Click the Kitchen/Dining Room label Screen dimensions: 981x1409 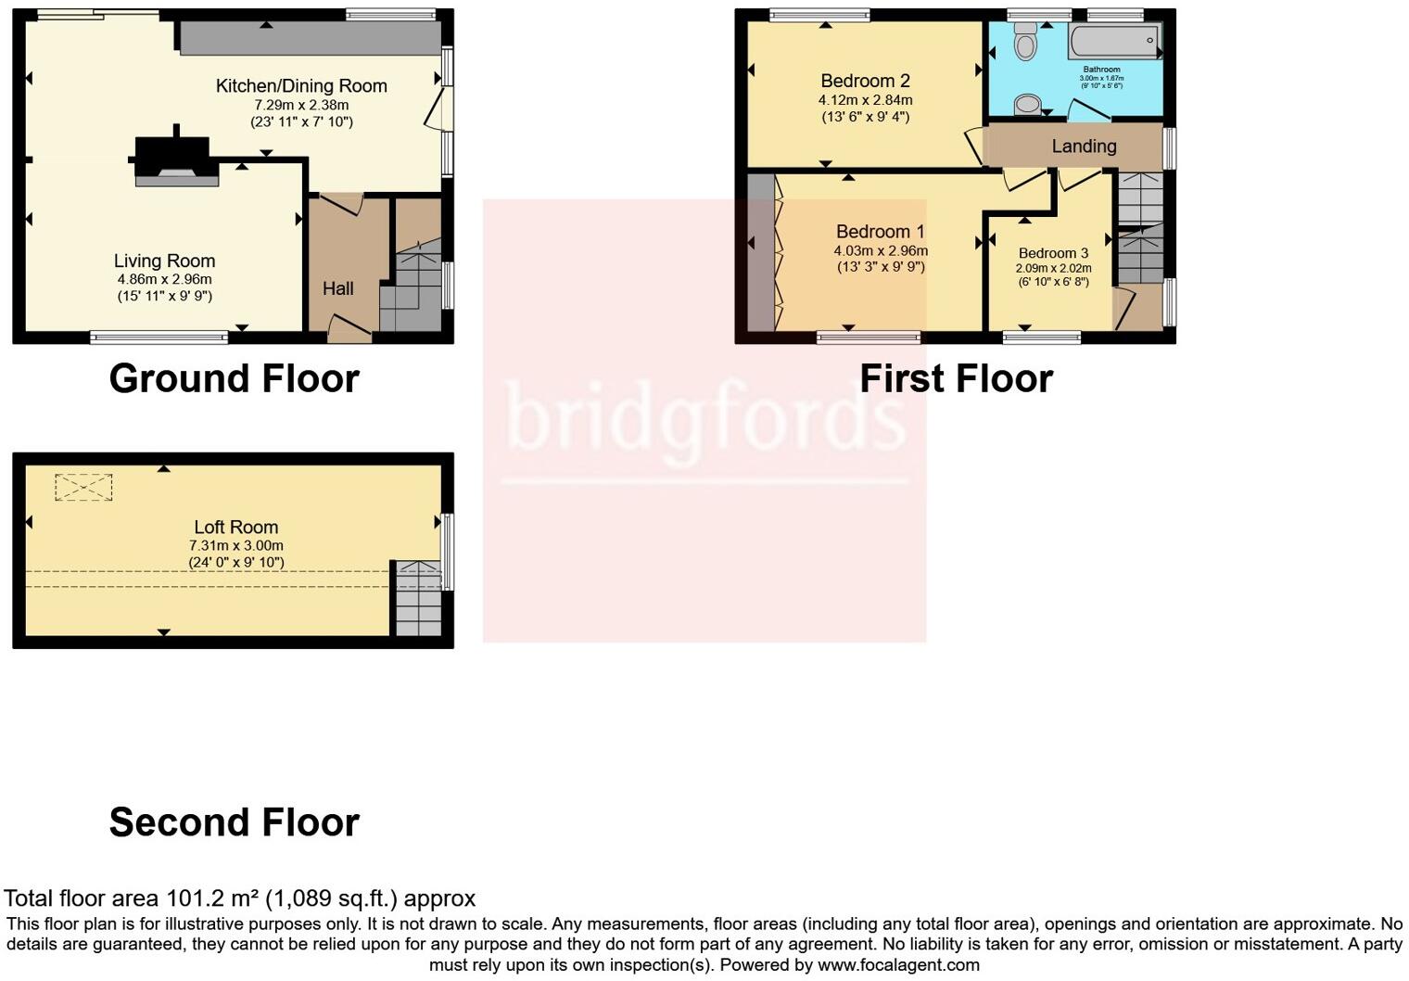[301, 86]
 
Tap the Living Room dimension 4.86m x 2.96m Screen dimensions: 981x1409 [164, 279]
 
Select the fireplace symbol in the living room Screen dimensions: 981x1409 [173, 159]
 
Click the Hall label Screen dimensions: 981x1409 [337, 288]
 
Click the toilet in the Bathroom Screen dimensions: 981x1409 [1025, 42]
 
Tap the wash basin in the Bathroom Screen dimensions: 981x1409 [1027, 105]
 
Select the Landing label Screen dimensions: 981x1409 [1084, 147]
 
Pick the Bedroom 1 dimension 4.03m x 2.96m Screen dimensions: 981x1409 [881, 250]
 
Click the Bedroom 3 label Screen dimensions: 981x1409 [1053, 253]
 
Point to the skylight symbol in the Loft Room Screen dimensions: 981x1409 [83, 488]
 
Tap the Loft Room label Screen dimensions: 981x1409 [235, 528]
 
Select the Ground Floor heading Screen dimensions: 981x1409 [234, 378]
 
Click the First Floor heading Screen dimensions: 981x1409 [956, 378]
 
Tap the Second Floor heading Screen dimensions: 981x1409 [234, 822]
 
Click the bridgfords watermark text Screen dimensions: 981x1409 [704, 419]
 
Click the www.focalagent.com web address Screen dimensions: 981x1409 [898, 965]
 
